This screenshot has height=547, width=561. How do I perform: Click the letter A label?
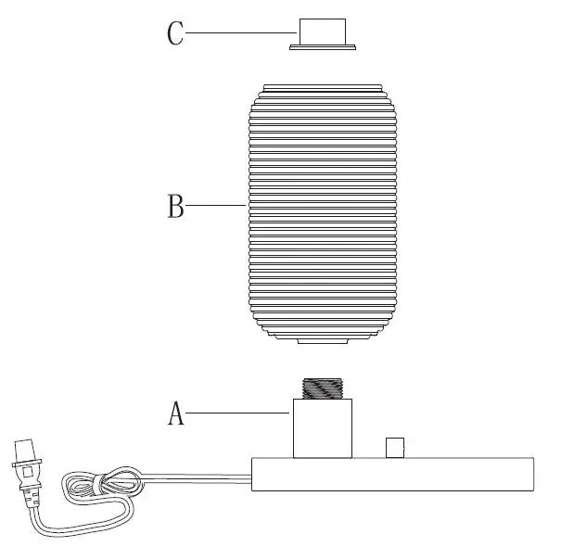[x=176, y=413]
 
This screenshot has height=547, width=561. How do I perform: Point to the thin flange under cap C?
[x=324, y=45]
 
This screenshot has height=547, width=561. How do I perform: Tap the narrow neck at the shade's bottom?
[x=323, y=340]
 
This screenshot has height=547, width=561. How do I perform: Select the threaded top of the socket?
[x=323, y=386]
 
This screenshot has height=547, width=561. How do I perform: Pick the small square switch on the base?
[x=396, y=447]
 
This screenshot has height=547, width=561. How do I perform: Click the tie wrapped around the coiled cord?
[x=99, y=483]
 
